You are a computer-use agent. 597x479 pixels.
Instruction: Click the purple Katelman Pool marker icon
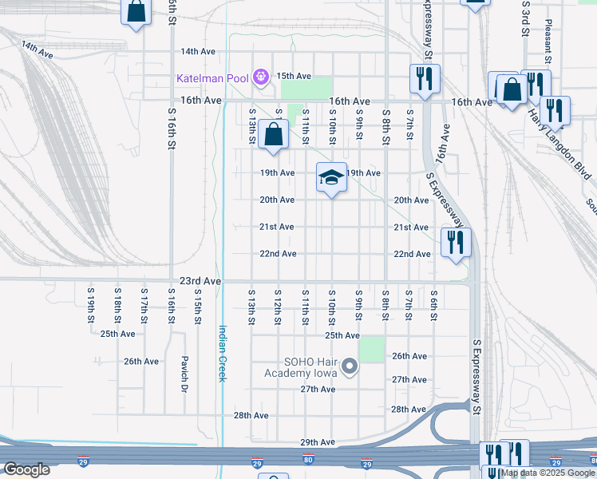[260, 78]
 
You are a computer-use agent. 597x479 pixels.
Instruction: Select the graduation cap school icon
[331, 177]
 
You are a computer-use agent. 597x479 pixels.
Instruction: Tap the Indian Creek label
[223, 352]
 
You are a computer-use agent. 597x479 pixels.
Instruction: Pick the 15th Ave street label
[293, 76]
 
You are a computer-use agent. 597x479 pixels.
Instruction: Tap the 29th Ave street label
[317, 441]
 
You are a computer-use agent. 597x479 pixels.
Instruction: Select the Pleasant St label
[548, 44]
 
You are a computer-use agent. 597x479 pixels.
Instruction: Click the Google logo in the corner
[26, 469]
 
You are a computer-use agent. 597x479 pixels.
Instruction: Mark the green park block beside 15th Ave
[317, 87]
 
